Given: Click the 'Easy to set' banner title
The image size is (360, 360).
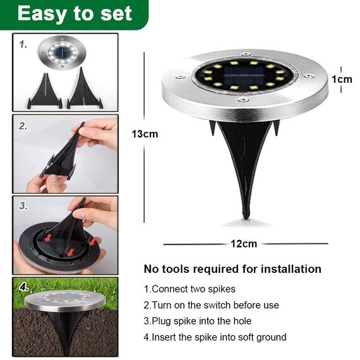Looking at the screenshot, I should click(75, 14).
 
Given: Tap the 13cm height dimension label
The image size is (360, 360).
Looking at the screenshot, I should click(145, 133).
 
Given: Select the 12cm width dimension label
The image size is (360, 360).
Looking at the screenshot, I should click(244, 244).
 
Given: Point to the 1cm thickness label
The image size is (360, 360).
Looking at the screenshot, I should click(342, 79).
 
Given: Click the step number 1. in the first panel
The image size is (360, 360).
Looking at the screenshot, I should click(23, 45).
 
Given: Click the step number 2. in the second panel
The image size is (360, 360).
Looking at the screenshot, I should click(23, 126).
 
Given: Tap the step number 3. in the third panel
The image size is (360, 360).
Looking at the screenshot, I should click(23, 206).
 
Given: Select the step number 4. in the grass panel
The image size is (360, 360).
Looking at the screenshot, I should click(24, 287).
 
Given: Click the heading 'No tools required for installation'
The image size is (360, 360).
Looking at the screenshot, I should click(232, 269).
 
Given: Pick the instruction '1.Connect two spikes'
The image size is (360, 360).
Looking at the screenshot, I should click(189, 289).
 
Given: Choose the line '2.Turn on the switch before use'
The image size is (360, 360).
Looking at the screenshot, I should click(211, 305).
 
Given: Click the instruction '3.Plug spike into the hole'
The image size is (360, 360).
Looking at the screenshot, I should click(198, 321).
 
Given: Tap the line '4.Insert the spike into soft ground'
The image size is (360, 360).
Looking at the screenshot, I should click(215, 337).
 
